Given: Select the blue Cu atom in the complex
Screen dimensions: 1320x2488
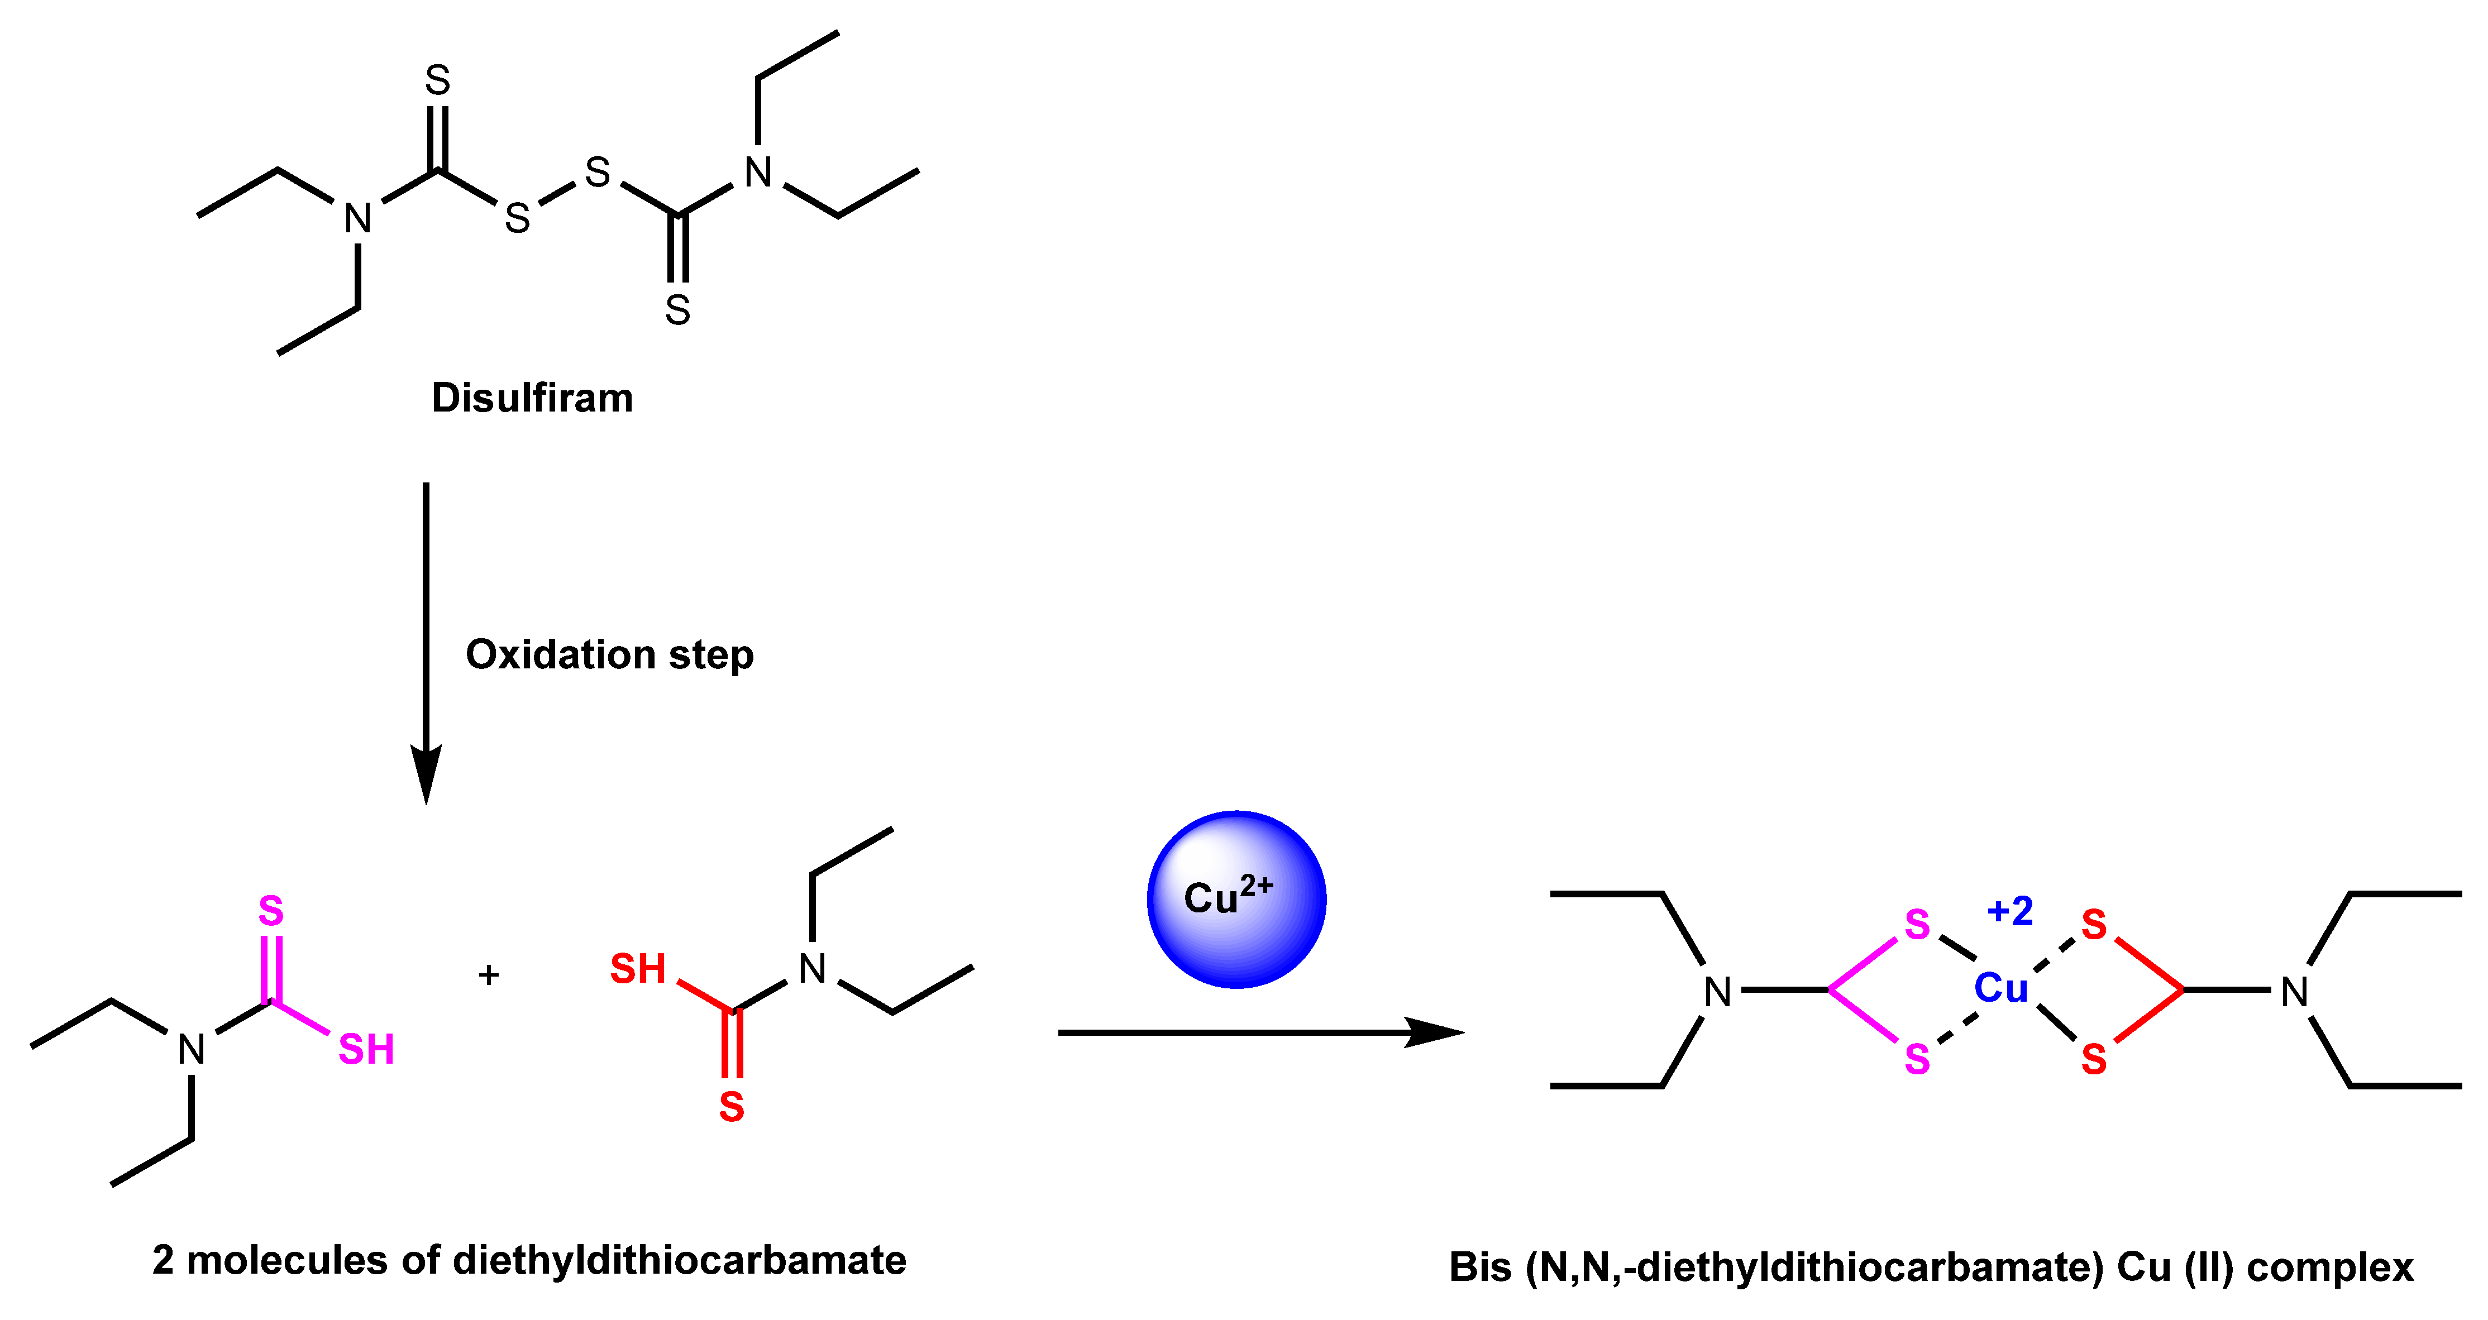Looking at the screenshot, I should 2000,988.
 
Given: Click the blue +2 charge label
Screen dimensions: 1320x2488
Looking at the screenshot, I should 2010,911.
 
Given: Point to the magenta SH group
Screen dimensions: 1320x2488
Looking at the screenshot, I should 366,1050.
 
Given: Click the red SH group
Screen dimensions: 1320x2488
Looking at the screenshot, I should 638,969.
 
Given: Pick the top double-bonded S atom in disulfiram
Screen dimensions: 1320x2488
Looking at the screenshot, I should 437,80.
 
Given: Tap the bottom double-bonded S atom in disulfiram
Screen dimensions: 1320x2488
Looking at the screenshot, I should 678,310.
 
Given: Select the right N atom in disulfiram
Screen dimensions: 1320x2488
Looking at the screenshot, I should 758,173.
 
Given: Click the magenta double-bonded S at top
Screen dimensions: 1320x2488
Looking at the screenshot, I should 271,911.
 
